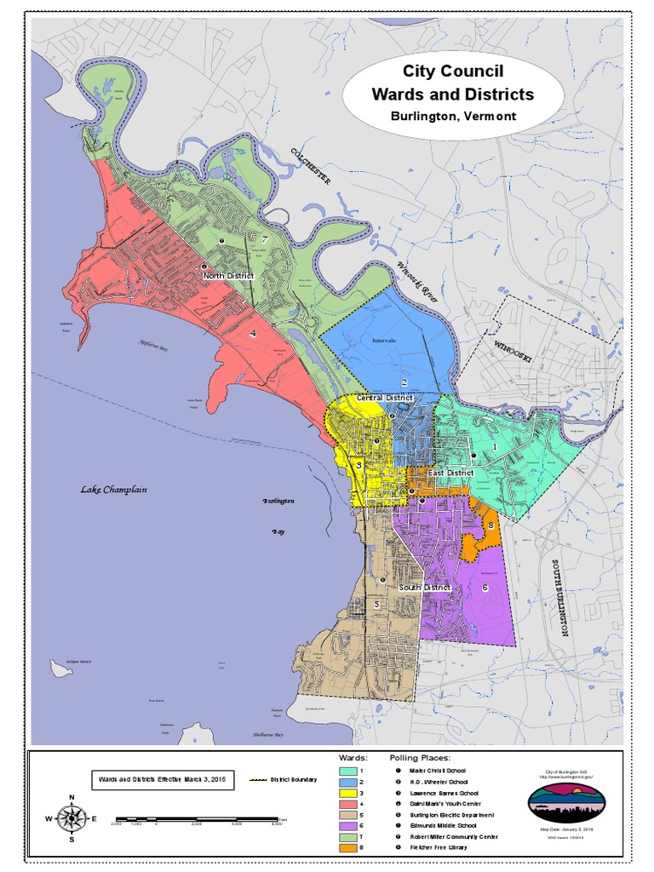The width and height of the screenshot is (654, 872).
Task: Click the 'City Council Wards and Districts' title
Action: coord(452,83)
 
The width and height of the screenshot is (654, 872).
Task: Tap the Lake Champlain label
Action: coord(114,490)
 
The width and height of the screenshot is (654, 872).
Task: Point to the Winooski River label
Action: coord(416,282)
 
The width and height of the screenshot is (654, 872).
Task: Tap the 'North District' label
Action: coord(229,277)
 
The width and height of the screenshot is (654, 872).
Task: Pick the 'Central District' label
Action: coord(384,398)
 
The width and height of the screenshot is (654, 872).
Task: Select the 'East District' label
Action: coord(450,473)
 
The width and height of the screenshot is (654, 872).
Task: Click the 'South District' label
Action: coord(424,588)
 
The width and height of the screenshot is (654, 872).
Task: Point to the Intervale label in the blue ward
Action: coord(384,341)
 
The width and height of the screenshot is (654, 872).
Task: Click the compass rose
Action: coord(72,818)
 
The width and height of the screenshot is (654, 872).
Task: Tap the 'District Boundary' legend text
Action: coord(294,780)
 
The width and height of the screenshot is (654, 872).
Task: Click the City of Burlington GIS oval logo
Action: coord(566,801)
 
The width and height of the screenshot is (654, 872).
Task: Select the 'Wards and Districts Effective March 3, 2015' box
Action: coord(162,780)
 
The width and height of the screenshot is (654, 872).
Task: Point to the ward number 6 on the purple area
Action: coord(485,588)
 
